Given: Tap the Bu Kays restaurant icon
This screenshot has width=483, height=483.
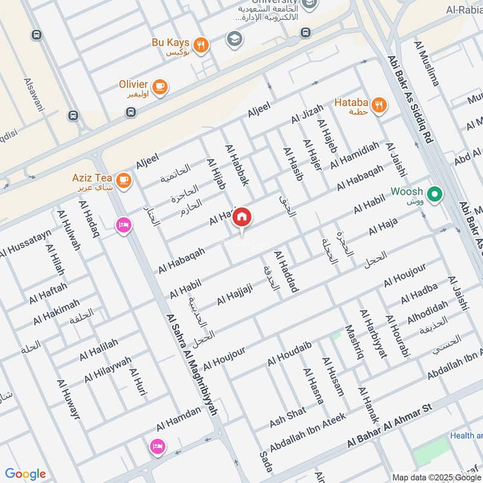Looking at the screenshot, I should coord(202,43).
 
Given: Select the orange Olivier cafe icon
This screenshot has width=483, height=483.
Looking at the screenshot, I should coord(160,88).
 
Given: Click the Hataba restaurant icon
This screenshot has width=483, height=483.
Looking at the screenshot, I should coord(379,104).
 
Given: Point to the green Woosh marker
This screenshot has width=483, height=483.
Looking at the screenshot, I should coord(433,194).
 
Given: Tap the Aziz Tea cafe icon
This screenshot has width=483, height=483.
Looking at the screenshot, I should coord(123,180).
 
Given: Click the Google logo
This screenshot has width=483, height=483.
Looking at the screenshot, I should coord(25,474).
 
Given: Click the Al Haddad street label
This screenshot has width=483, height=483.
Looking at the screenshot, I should coord(286,272).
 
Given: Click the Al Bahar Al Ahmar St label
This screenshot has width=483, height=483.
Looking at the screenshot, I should coord(390,427).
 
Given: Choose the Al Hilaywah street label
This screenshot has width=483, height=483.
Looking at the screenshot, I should coord(107,368).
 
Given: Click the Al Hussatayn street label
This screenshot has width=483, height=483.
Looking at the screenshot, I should coord(24,243).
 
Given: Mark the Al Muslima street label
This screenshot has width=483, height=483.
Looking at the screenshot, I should coord(426,63).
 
